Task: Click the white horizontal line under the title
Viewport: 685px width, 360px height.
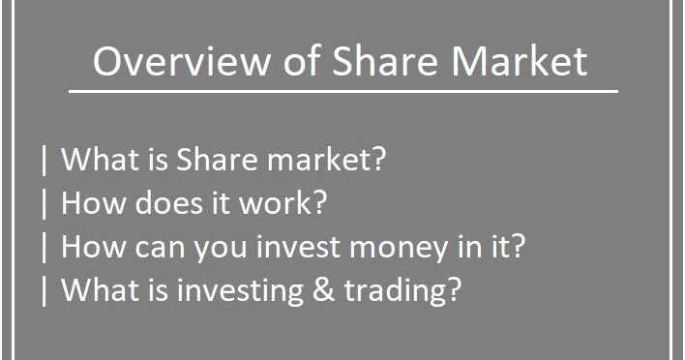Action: [342, 92]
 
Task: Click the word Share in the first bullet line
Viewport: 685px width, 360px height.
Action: [211, 160]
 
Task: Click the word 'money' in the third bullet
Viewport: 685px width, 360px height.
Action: [386, 249]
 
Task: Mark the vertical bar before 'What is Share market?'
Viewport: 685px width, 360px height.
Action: [45, 160]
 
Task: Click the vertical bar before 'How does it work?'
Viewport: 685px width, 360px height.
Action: [45, 203]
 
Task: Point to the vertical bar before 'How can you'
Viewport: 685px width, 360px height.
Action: [45, 247]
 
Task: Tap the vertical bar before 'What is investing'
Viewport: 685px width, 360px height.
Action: [45, 290]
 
